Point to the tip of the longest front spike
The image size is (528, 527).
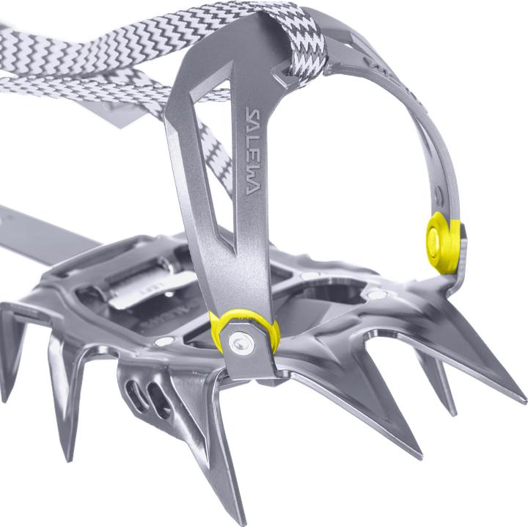525,401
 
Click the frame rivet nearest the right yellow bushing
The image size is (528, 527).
377,294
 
